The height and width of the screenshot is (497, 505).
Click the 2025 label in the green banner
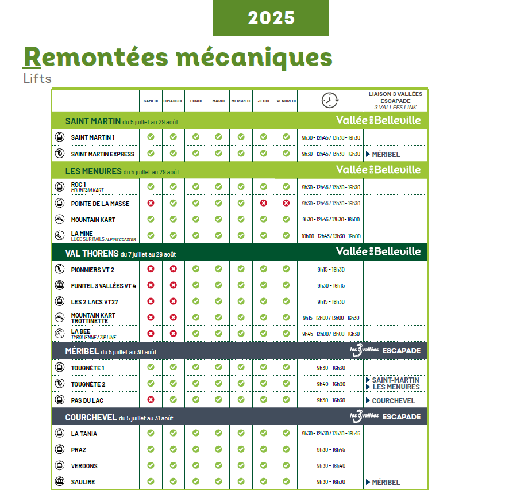pos(271,18)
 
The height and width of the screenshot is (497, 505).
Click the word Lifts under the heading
pos(37,78)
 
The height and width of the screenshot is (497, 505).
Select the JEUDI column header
pos(263,101)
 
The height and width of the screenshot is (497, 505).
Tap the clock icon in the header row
pos(330,100)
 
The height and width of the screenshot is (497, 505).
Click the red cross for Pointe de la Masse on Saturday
pos(151,203)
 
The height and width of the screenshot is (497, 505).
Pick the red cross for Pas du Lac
pos(151,400)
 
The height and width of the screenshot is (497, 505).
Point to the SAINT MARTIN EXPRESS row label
pos(102,154)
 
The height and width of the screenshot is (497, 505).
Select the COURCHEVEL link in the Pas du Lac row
pos(394,400)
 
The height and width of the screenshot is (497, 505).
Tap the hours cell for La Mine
pos(330,236)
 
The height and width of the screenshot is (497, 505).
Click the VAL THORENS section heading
pos(91,254)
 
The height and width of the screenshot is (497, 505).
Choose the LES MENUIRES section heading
pos(93,171)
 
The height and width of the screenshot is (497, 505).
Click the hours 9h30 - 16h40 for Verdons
pos(330,466)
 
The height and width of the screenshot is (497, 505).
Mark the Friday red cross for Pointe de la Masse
pos(286,203)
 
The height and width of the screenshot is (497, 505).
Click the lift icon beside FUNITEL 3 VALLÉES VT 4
pos(59,285)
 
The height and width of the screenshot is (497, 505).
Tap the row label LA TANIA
pos(84,434)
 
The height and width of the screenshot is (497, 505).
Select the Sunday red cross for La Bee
pos(173,333)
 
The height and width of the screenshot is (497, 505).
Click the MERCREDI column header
pos(241,101)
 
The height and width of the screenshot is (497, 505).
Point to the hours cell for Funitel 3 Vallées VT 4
pos(330,286)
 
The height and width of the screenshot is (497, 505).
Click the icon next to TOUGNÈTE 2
pos(59,384)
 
